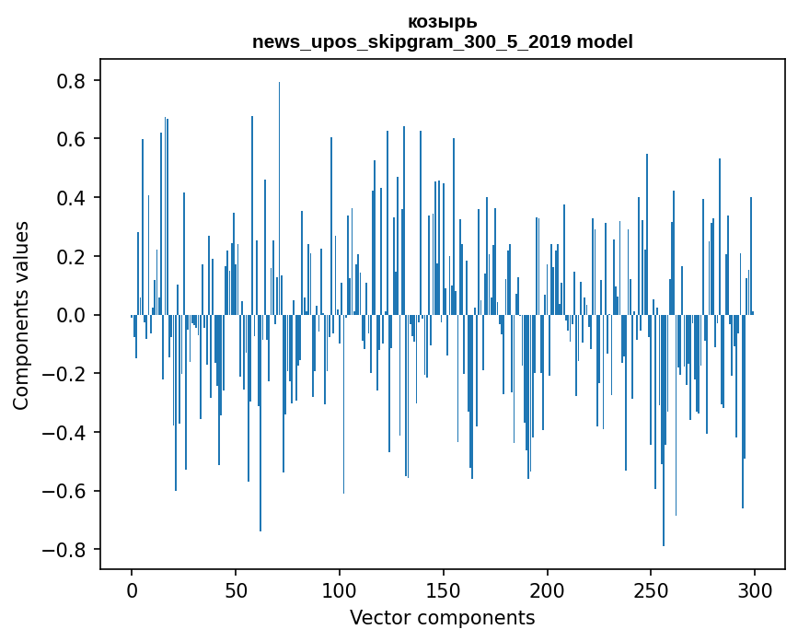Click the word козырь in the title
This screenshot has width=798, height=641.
click(x=442, y=22)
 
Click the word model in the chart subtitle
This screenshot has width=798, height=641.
click(x=605, y=41)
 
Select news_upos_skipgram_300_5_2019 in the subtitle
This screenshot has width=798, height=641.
click(x=411, y=42)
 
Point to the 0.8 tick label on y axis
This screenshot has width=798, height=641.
click(x=70, y=80)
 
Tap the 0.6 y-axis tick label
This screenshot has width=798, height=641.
click(x=70, y=139)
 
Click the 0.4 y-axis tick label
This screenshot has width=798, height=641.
click(x=70, y=197)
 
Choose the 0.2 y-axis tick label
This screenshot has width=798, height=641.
click(x=70, y=256)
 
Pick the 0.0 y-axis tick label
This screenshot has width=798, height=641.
click(x=70, y=315)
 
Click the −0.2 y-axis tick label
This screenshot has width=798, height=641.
click(x=64, y=374)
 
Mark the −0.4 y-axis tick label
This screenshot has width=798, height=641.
click(x=64, y=432)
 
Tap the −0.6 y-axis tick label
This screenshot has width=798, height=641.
click(x=64, y=491)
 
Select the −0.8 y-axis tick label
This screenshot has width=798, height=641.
click(x=64, y=549)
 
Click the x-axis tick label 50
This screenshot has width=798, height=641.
click(x=235, y=591)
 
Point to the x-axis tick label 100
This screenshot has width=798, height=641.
click(x=339, y=591)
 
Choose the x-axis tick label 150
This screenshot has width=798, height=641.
click(x=443, y=591)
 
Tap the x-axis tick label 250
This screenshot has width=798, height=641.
click(x=651, y=591)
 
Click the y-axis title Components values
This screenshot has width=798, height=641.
click(x=21, y=316)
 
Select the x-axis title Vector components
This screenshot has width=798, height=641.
click(x=442, y=618)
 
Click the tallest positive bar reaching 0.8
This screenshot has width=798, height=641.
click(x=279, y=198)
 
